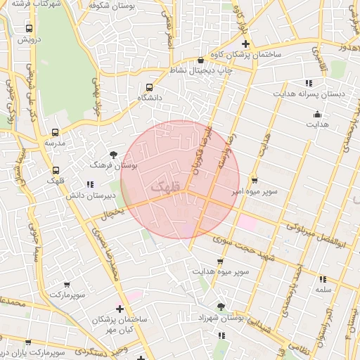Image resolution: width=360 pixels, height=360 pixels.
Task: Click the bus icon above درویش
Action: click(x=29, y=29)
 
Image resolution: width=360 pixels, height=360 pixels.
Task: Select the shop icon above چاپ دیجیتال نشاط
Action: click(x=202, y=60)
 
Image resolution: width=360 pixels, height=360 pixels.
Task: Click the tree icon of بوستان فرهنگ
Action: click(x=113, y=155)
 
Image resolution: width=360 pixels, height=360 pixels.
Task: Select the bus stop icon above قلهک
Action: click(x=56, y=170)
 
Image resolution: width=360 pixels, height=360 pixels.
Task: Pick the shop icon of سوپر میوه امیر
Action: click(x=254, y=179)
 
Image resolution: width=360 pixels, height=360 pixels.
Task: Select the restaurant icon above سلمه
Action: click(x=323, y=278)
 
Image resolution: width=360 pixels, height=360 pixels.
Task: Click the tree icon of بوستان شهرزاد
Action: click(x=221, y=307)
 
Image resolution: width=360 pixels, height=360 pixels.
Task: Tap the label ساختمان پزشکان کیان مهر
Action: click(x=120, y=324)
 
